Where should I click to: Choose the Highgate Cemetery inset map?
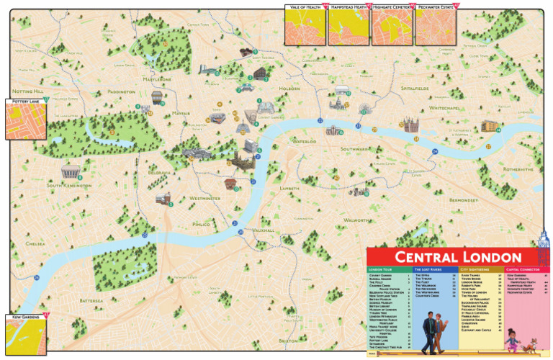tap(392, 28)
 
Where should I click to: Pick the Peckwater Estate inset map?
tap(436, 28)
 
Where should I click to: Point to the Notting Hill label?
tap(28, 92)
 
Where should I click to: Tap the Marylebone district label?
tap(157, 79)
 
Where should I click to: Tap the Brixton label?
tap(288, 340)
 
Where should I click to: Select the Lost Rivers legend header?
tap(428, 269)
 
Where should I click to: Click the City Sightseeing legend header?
tap(474, 269)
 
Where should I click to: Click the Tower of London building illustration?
tap(410, 125)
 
